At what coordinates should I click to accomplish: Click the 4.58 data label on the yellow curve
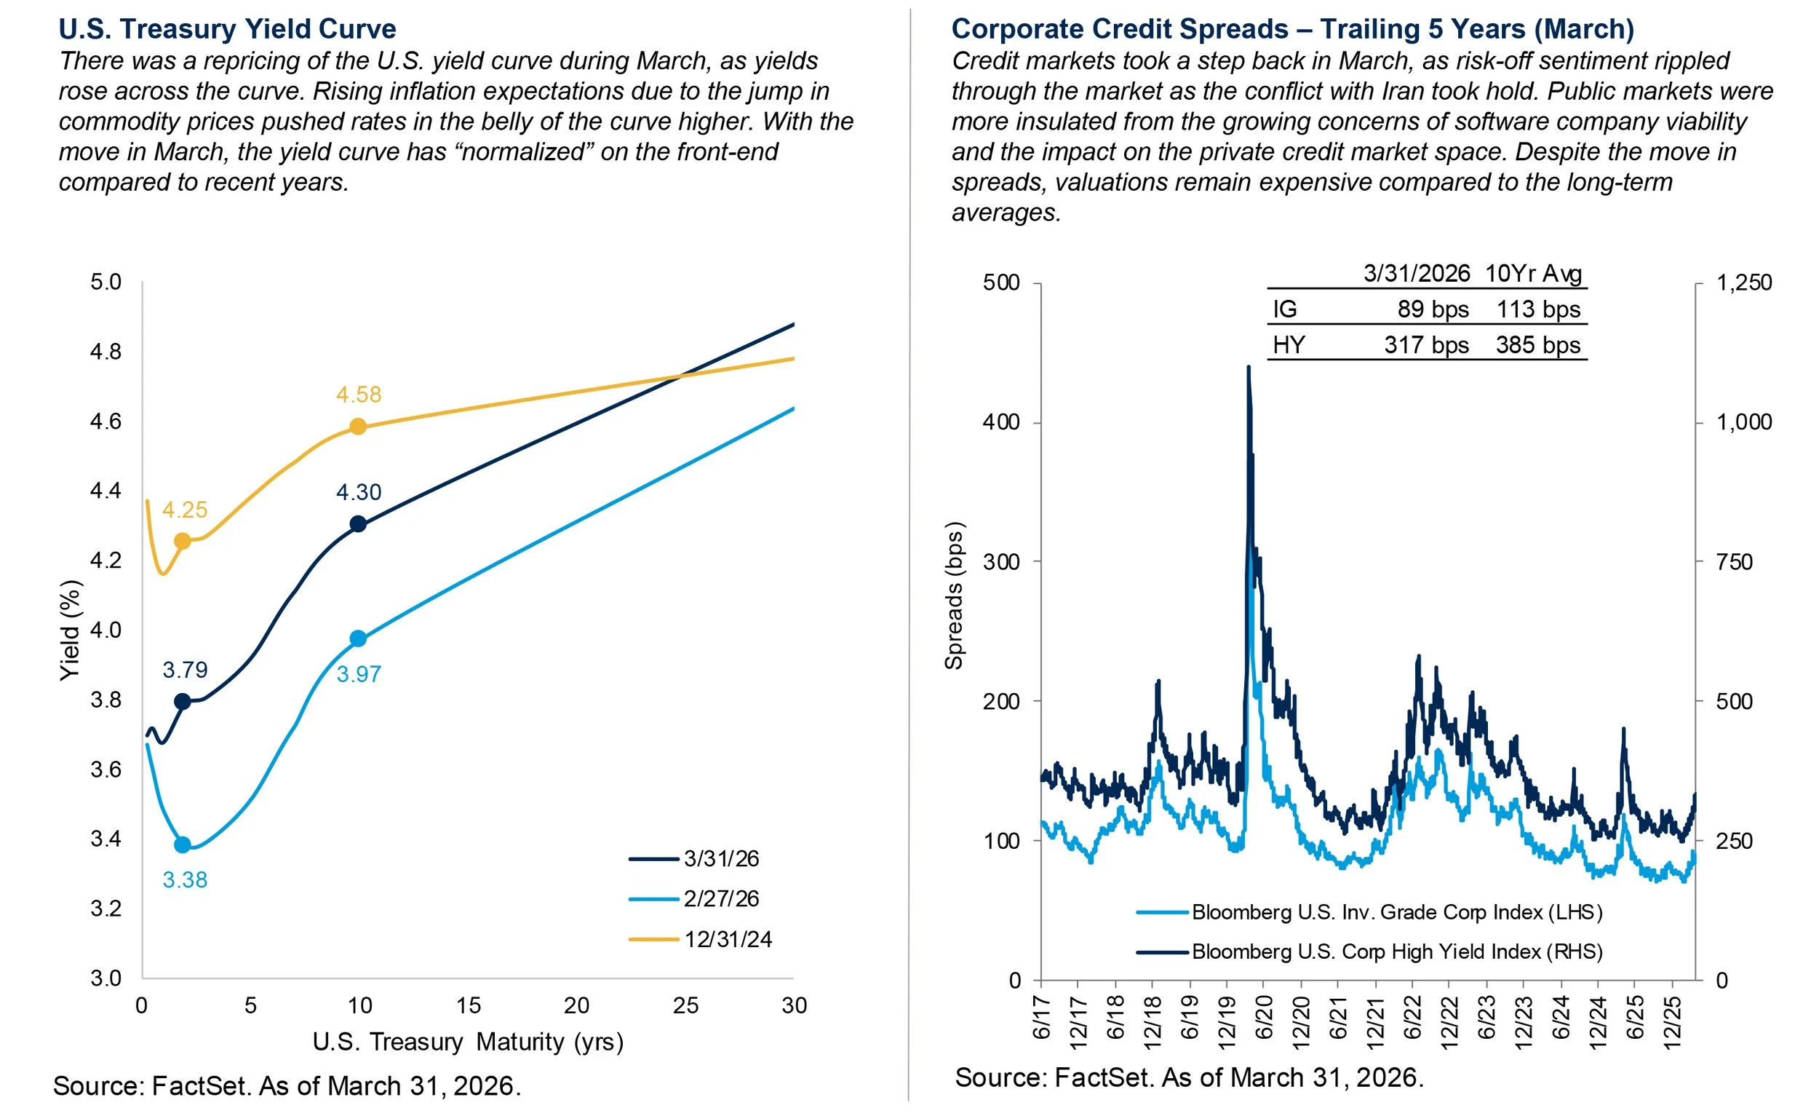[x=359, y=395]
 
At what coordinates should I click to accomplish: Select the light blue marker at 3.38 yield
[x=183, y=845]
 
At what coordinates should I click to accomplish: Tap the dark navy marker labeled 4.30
[x=358, y=524]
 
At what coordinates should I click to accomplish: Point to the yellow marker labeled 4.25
[x=183, y=542]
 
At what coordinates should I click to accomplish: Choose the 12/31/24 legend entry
[x=727, y=940]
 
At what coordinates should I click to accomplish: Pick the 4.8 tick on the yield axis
[x=106, y=352]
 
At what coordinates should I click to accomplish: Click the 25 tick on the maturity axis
[x=685, y=1005]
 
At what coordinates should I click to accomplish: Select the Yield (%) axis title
[x=69, y=630]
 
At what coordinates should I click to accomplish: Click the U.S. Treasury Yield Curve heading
[x=227, y=29]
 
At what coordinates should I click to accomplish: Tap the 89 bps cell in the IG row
[x=1432, y=309]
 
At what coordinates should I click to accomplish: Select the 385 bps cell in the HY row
[x=1537, y=345]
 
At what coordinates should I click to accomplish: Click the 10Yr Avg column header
[x=1532, y=274]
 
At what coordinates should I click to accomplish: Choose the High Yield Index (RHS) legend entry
[x=1397, y=951]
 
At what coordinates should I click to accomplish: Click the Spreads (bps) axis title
[x=954, y=595]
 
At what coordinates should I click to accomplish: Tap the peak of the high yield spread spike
[x=1248, y=367]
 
